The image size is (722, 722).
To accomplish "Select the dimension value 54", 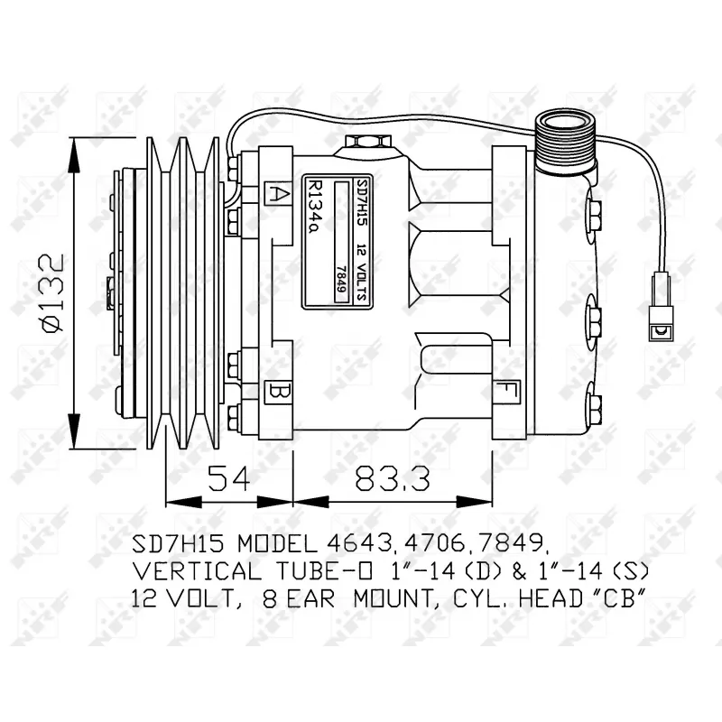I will pyautogui.click(x=228, y=477).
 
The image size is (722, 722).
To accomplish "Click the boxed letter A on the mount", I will pyautogui.click(x=276, y=192).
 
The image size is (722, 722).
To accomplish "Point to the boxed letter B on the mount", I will pyautogui.click(x=276, y=393).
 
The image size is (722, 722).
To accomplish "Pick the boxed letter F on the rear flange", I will pyautogui.click(x=506, y=393).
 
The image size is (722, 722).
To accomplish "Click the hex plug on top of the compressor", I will pyautogui.click(x=366, y=143).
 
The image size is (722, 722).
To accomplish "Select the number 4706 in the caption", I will pyautogui.click(x=447, y=544).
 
